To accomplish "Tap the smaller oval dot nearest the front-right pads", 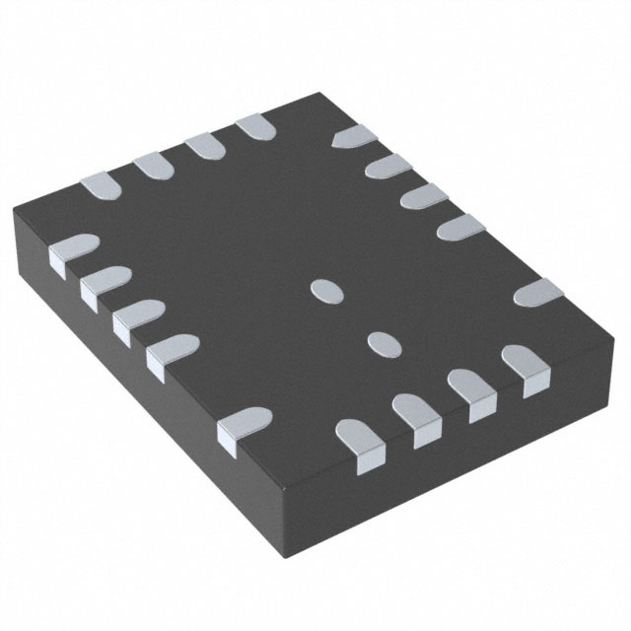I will [x=382, y=342].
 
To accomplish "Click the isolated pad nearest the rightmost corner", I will [x=538, y=293].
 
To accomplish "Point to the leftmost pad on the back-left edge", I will [x=100, y=183].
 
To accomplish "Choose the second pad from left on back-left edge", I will [x=152, y=165].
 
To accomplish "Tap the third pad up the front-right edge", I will [x=471, y=390].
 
